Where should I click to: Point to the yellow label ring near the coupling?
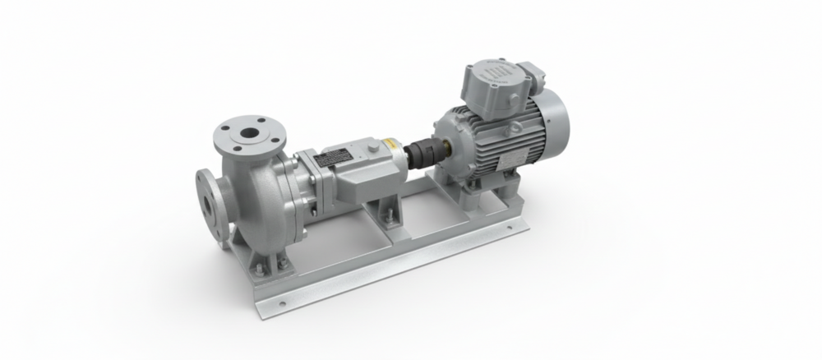pos(398,152)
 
